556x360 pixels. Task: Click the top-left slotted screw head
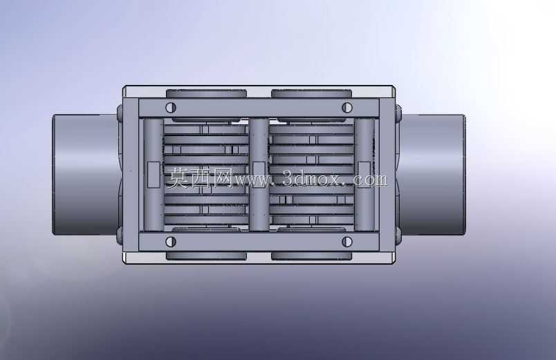pos(171,107)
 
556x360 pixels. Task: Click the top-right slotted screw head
pos(346,107)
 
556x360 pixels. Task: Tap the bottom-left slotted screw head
pos(171,242)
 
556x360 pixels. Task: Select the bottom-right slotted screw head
pos(346,242)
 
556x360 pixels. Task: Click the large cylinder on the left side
pos(86,174)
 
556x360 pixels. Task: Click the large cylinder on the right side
pos(433,174)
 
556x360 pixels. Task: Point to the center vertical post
pos(259,175)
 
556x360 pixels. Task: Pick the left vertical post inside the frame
pos(154,175)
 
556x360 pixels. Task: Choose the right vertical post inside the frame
pos(364,175)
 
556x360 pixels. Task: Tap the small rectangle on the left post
pos(154,175)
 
